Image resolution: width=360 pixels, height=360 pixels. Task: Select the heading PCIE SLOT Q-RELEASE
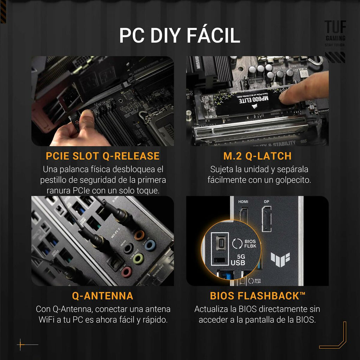[x=103, y=156]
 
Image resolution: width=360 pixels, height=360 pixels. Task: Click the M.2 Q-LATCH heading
[x=257, y=156]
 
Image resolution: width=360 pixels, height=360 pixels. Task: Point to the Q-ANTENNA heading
[x=103, y=296]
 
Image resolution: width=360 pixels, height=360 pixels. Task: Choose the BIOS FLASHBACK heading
[x=257, y=296]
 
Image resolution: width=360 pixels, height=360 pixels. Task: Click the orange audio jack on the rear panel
[x=139, y=235]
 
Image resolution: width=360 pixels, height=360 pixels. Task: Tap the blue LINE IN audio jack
[x=150, y=245]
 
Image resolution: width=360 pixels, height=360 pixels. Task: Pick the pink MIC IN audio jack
[x=127, y=271]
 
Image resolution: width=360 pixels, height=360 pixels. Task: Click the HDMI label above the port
[x=243, y=202]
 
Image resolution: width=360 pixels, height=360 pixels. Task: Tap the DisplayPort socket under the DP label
[x=266, y=219]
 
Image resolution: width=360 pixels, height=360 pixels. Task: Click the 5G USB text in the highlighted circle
[x=238, y=259]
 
